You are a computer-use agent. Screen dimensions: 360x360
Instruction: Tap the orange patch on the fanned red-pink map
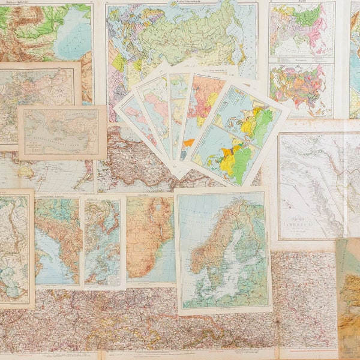pyautogui.click(x=189, y=142)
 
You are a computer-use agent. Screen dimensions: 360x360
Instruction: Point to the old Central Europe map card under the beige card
pyautogui.click(x=36, y=90)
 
